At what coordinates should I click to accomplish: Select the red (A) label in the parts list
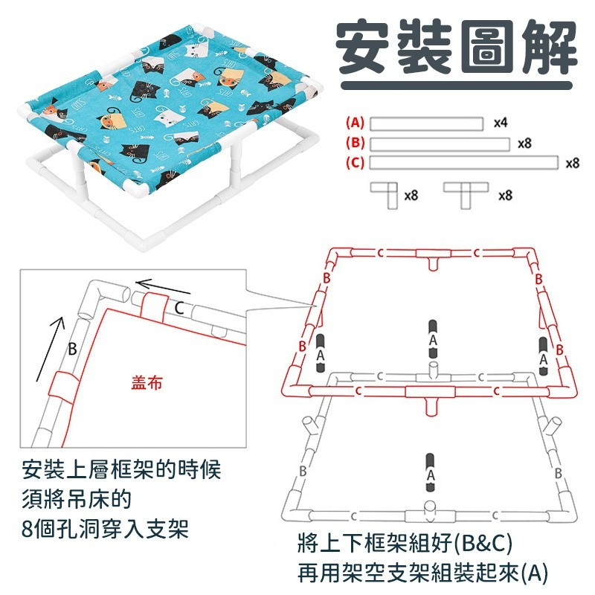(x=355, y=123)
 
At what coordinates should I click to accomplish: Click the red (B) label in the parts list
(x=355, y=143)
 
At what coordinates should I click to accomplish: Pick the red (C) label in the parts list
(x=355, y=162)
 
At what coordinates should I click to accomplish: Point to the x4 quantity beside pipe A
(x=501, y=123)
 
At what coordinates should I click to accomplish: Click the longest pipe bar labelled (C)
(x=464, y=162)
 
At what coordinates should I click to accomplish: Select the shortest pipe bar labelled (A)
(x=427, y=123)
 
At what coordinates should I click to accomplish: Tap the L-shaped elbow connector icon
(x=384, y=196)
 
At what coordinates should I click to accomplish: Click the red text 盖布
(x=146, y=382)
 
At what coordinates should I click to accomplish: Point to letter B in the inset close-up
(x=72, y=350)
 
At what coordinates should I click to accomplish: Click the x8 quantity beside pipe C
(x=572, y=162)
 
